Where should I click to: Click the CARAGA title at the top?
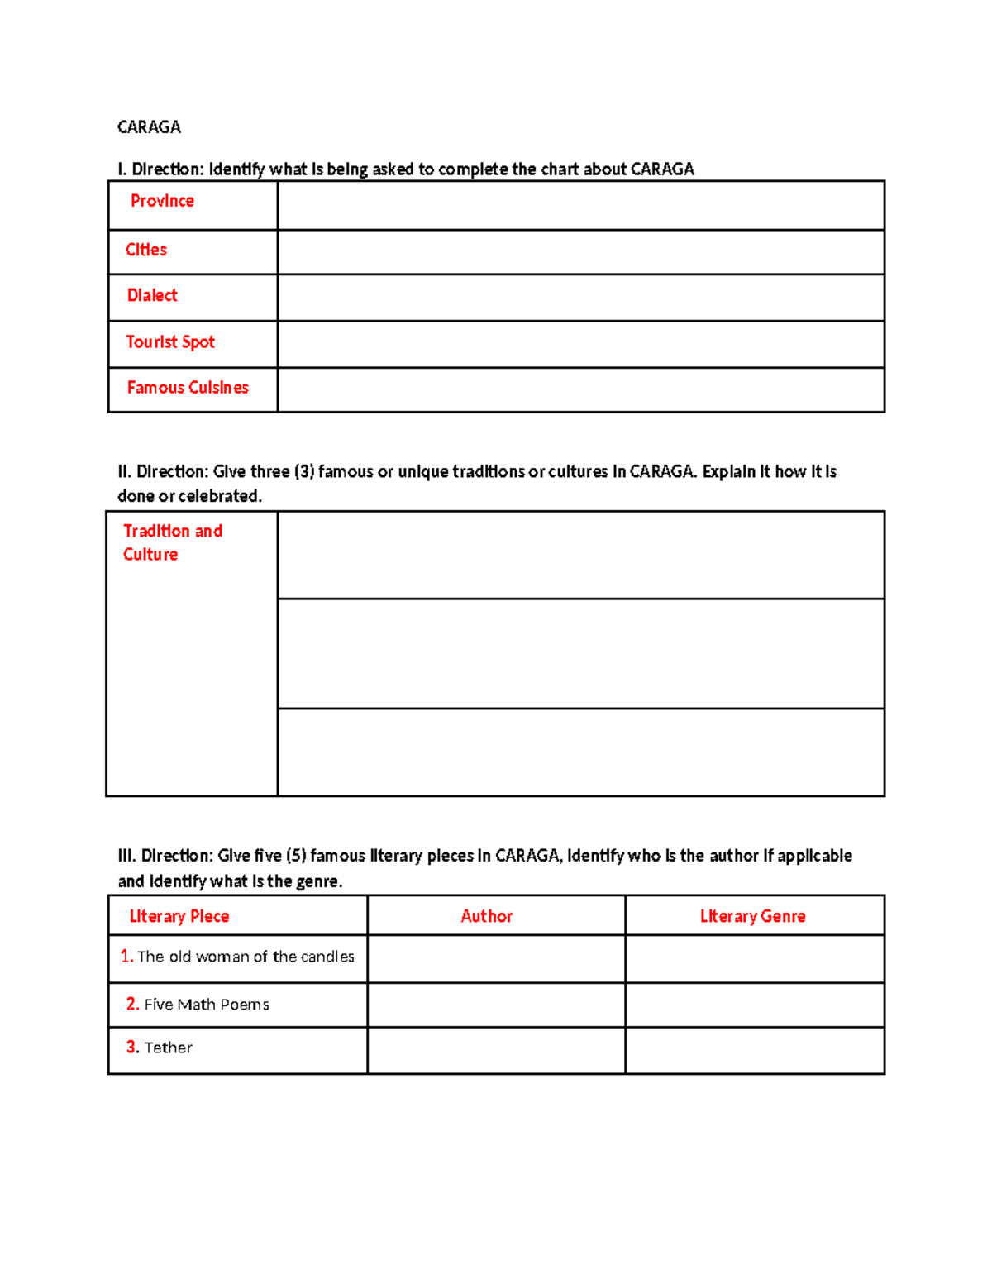(149, 126)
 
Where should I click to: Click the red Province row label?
(162, 201)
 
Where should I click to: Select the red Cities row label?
(146, 250)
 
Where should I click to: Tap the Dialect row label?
(152, 295)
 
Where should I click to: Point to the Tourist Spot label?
(170, 341)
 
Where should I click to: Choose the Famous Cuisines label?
(188, 387)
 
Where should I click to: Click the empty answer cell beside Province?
(580, 205)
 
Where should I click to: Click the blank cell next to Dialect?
(580, 298)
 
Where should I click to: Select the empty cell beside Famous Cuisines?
(580, 389)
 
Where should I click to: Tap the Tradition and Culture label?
(172, 542)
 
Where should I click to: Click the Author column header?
(487, 916)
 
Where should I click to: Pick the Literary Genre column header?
(752, 916)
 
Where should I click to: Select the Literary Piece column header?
(179, 916)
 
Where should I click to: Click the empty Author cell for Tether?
(496, 1050)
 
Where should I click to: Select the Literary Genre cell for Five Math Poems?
(754, 1005)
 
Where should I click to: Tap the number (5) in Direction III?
(296, 856)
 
